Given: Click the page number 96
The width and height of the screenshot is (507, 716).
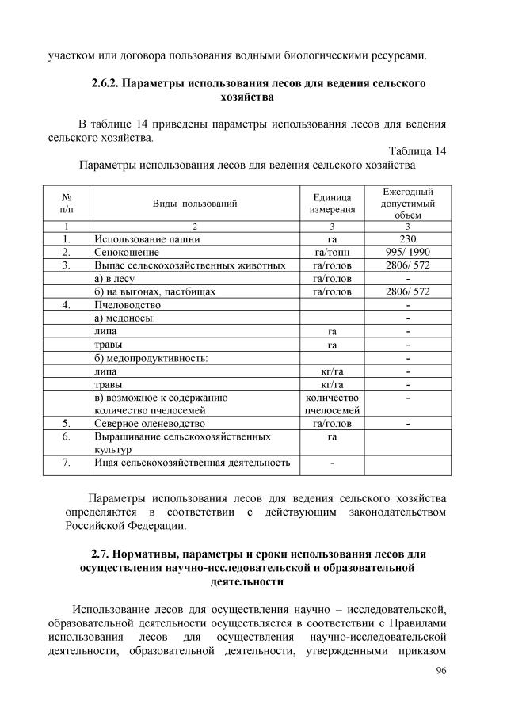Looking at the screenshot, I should pos(441,671).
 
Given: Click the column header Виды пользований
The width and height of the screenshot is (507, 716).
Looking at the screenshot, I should pos(195,204).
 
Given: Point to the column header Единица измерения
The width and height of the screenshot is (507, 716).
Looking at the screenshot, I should pos(332,204).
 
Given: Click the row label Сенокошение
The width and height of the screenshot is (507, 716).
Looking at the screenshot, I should pos(124,252).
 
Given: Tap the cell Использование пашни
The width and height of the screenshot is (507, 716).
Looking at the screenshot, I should pos(140,238).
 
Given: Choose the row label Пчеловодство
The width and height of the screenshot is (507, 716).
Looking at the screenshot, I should pos(128,305).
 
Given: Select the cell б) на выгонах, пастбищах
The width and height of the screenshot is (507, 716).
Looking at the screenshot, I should pos(154,291).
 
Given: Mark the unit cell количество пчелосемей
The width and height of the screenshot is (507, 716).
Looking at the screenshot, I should pos(332,404).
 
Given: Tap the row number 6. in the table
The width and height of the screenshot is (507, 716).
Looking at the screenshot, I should pos(67,436).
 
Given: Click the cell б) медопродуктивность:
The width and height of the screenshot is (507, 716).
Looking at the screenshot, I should pos(151,358).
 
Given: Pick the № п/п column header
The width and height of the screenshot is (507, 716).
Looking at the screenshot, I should pos(67,204).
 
